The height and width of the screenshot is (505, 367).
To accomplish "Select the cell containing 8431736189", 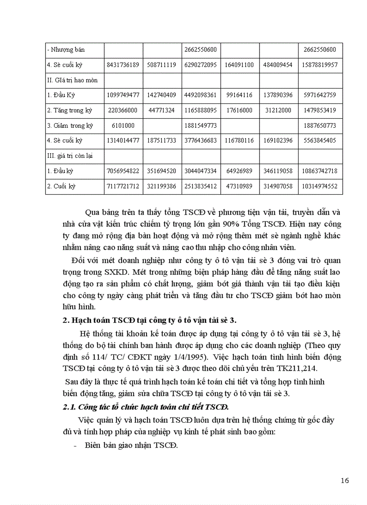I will point(123,65).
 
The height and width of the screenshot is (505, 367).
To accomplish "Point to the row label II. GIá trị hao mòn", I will point(72,80).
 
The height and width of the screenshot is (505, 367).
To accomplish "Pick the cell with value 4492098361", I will point(201,95).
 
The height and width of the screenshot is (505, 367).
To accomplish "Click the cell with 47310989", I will point(240,186).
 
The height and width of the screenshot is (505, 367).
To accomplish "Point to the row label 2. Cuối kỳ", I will point(65,186).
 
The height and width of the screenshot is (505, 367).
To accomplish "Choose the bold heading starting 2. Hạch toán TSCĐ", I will point(149,320).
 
